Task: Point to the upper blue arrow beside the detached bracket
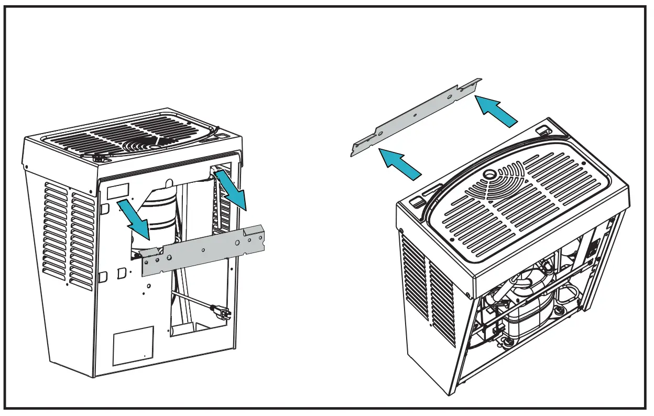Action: [495, 110]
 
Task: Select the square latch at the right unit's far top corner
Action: [544, 129]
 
